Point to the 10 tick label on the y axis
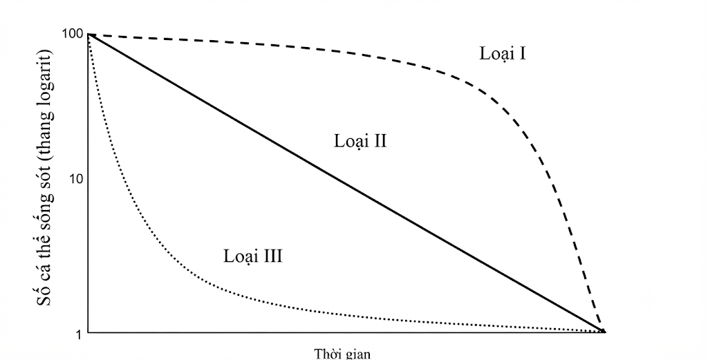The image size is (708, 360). click(x=76, y=179)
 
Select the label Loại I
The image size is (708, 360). click(x=503, y=54)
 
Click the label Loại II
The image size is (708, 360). click(x=360, y=141)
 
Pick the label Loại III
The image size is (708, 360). click(x=253, y=256)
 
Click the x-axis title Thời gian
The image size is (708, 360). click(x=342, y=353)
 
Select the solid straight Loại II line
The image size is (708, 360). click(x=346, y=183)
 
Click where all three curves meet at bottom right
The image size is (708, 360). click(x=604, y=332)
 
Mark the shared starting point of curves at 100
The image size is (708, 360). click(x=88, y=35)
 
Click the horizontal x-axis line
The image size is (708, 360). click(x=346, y=333)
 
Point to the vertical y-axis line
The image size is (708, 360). click(x=88, y=183)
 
